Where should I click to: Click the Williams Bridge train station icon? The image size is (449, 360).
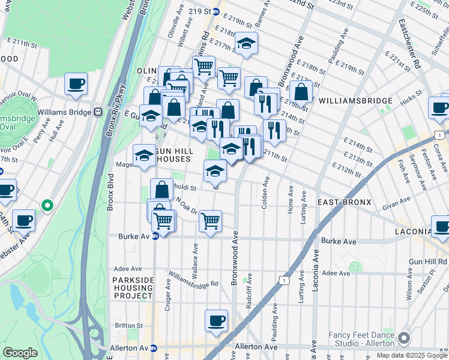pyautogui.click(x=97, y=112)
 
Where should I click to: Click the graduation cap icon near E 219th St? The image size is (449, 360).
pyautogui.click(x=246, y=43)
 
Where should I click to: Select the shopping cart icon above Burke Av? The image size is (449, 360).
pyautogui.click(x=210, y=221)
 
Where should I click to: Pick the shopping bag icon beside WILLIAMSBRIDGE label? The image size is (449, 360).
pyautogui.click(x=301, y=92)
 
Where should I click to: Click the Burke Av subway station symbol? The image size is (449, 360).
pyautogui.click(x=155, y=236)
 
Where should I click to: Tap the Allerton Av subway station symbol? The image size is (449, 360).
pyautogui.click(x=154, y=347)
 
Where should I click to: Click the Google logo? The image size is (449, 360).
pyautogui.click(x=20, y=353)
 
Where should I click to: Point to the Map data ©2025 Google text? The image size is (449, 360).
pyautogui.click(x=412, y=355)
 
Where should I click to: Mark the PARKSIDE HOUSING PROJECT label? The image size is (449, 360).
pyautogui.click(x=133, y=287)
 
